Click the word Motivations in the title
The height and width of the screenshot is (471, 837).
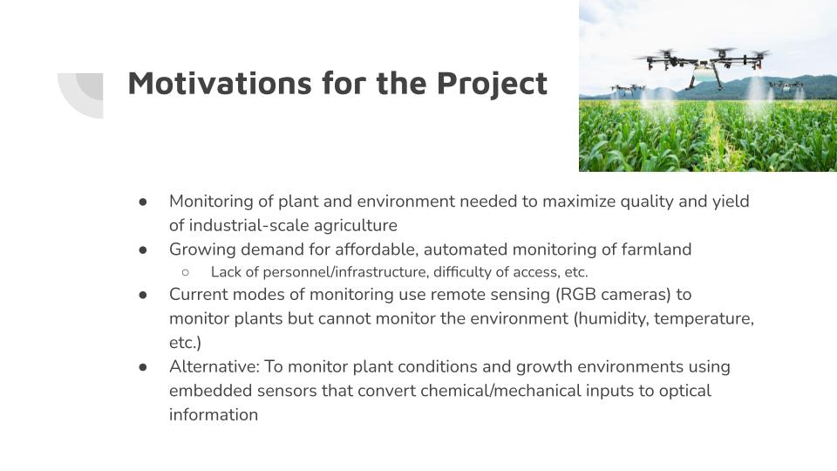pos(220,83)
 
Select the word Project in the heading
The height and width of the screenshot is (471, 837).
pos(492,85)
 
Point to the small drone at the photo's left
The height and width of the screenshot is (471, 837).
pos(627,89)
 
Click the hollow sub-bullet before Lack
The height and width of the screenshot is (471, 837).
pos(185,272)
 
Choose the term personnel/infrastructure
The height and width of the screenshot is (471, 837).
pos(345,272)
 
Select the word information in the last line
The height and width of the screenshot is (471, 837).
pos(214,415)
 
